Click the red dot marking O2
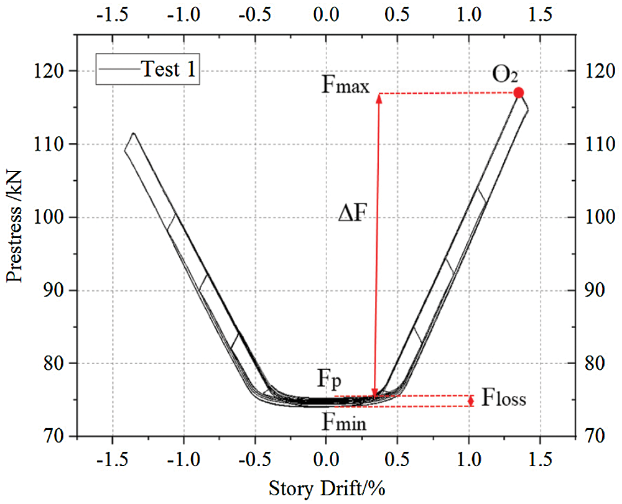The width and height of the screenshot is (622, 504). click(x=519, y=93)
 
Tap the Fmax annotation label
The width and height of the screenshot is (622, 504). click(x=346, y=85)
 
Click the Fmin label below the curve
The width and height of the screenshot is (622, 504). click(x=344, y=424)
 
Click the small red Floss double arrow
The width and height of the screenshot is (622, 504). click(x=471, y=401)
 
